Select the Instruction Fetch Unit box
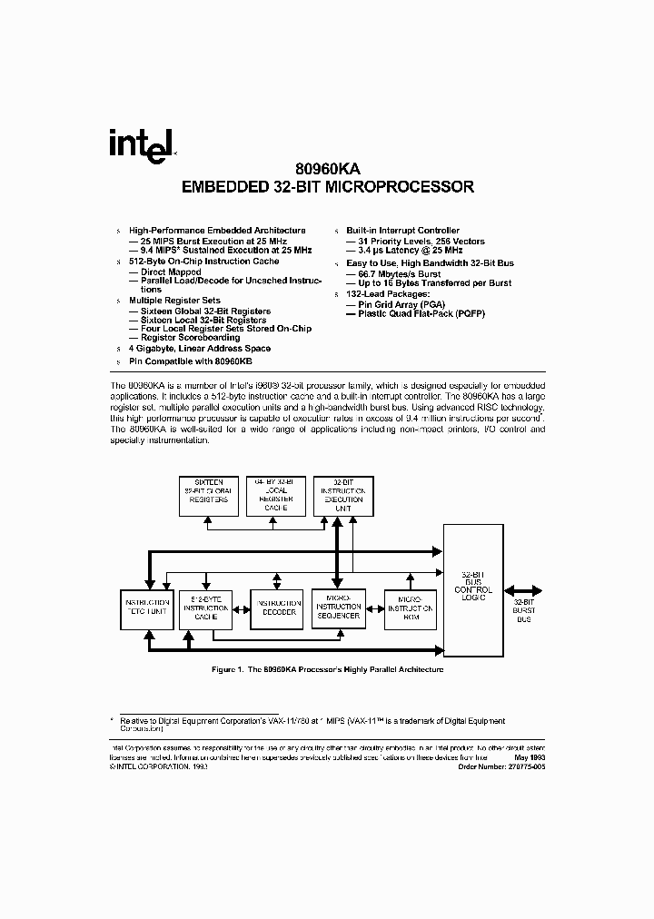[x=145, y=608]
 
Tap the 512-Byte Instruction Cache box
[x=207, y=608]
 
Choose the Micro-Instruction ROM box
[x=410, y=608]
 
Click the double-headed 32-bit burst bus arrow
[x=523, y=588]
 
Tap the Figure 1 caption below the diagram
[x=327, y=669]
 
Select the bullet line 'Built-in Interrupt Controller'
[x=402, y=231]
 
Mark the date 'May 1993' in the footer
[x=529, y=756]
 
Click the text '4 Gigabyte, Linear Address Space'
[x=199, y=349]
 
